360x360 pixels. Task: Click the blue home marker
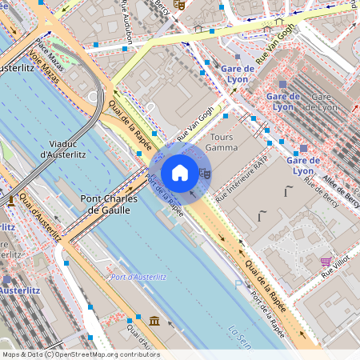click(x=180, y=172)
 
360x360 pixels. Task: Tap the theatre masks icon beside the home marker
click(x=204, y=172)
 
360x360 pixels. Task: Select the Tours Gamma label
click(x=222, y=142)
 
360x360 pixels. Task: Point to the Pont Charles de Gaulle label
click(x=112, y=204)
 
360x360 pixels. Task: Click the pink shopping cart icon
click(x=326, y=262)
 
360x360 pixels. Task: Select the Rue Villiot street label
click(x=338, y=266)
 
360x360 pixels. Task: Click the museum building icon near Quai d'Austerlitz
click(x=154, y=322)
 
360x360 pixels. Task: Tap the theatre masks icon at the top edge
click(x=179, y=4)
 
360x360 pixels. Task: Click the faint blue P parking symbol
click(x=238, y=284)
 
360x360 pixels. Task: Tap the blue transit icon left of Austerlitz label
click(x=6, y=281)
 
